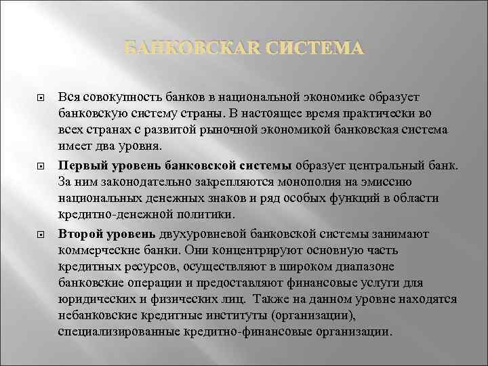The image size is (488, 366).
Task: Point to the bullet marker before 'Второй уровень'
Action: point(41,234)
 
